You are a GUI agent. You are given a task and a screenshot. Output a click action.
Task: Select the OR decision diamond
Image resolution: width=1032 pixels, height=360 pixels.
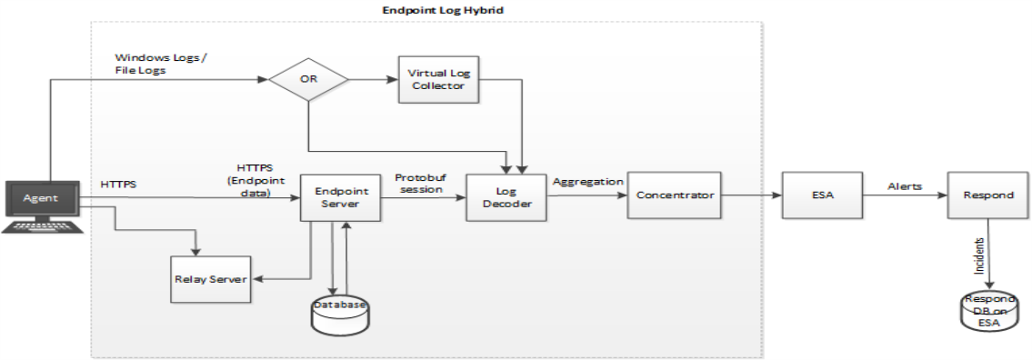click(x=308, y=81)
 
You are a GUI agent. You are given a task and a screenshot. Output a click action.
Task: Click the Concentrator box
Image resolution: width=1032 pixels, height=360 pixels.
click(x=674, y=195)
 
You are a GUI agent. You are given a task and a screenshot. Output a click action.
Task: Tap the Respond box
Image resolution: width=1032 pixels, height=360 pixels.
click(x=987, y=195)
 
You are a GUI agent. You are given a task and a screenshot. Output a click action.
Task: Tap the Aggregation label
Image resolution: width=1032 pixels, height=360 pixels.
click(x=587, y=181)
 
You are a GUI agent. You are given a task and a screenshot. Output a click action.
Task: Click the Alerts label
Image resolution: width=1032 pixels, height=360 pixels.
click(x=905, y=185)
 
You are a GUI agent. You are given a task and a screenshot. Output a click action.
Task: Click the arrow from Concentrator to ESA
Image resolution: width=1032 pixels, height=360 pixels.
click(x=752, y=195)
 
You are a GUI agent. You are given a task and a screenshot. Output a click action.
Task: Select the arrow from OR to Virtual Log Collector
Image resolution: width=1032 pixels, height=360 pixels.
click(x=374, y=80)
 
